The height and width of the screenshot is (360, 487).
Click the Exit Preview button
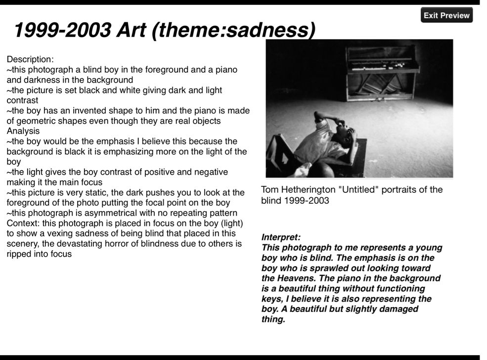tap(446, 15)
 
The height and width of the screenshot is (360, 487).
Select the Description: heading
tap(30, 59)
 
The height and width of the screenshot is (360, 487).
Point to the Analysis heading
tap(22, 131)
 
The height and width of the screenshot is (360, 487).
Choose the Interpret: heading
tap(281, 237)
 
